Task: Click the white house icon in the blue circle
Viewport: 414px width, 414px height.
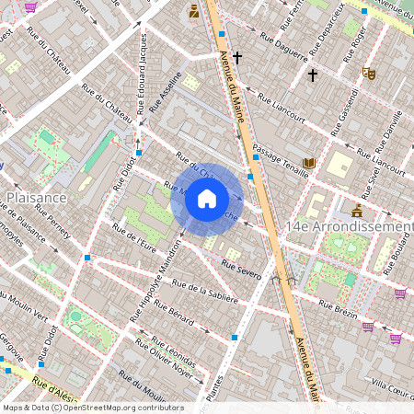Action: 207,198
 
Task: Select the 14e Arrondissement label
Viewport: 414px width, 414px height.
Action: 350,226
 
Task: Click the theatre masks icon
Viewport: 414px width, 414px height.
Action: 369,73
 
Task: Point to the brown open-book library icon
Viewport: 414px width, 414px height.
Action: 309,163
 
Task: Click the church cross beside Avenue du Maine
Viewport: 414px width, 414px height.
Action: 236,58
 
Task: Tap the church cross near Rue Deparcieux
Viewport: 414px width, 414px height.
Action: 312,74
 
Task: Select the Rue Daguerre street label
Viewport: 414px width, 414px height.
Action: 282,47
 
